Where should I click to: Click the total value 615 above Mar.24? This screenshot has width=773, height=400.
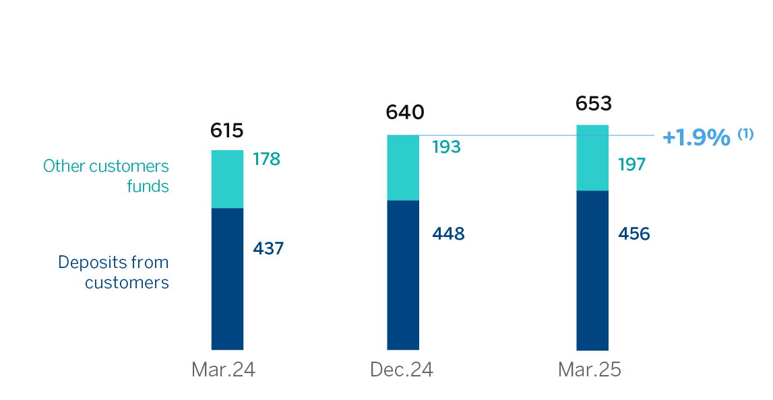coord(226,131)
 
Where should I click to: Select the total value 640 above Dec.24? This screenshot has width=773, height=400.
coord(405,112)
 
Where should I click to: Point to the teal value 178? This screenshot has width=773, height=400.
coord(267,159)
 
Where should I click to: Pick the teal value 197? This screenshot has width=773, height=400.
coord(632,164)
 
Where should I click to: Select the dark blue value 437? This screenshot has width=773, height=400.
coord(268,248)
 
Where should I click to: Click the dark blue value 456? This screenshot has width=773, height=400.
coord(633,234)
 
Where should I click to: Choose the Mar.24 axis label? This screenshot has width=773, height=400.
coord(223,370)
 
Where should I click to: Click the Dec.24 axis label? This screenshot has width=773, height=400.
coord(402,370)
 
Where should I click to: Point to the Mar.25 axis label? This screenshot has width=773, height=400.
coord(590,370)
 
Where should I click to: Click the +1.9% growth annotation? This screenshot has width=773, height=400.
coord(696,137)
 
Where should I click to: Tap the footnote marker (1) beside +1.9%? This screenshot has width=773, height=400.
coord(745,134)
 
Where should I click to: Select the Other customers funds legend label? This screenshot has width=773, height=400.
coord(106,176)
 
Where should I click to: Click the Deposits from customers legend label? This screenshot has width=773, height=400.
coord(113,272)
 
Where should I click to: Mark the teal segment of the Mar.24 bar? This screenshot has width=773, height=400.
coord(227,179)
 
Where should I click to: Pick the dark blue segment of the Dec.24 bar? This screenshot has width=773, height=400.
coord(403,275)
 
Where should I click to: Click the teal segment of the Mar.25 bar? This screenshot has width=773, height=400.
coord(592,158)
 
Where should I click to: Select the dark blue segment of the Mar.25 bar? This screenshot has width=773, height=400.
coord(592,270)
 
